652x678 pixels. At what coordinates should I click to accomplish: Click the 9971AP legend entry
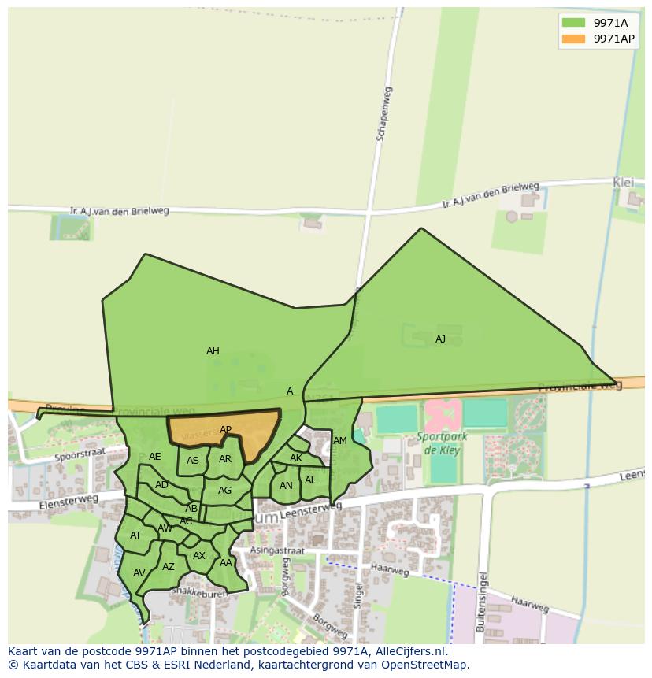point(613,39)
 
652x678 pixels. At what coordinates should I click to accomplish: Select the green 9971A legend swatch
point(572,22)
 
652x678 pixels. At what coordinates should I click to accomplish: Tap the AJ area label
point(440,339)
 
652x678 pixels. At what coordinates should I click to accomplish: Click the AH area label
point(213,351)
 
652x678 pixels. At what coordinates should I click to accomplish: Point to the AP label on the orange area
point(225,430)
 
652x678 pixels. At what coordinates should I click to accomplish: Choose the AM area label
point(340,441)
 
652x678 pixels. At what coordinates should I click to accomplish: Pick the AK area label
point(296,458)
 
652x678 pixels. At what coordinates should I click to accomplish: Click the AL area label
point(310,480)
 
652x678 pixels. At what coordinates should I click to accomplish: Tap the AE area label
point(155,457)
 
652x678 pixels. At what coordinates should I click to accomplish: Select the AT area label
point(135,535)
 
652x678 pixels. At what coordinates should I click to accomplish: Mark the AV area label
point(139,573)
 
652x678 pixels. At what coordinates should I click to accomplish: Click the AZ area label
point(169,567)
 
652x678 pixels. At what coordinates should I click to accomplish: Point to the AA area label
point(226,563)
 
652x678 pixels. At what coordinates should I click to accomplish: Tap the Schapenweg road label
point(384,119)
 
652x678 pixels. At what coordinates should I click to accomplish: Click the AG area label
point(224,491)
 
